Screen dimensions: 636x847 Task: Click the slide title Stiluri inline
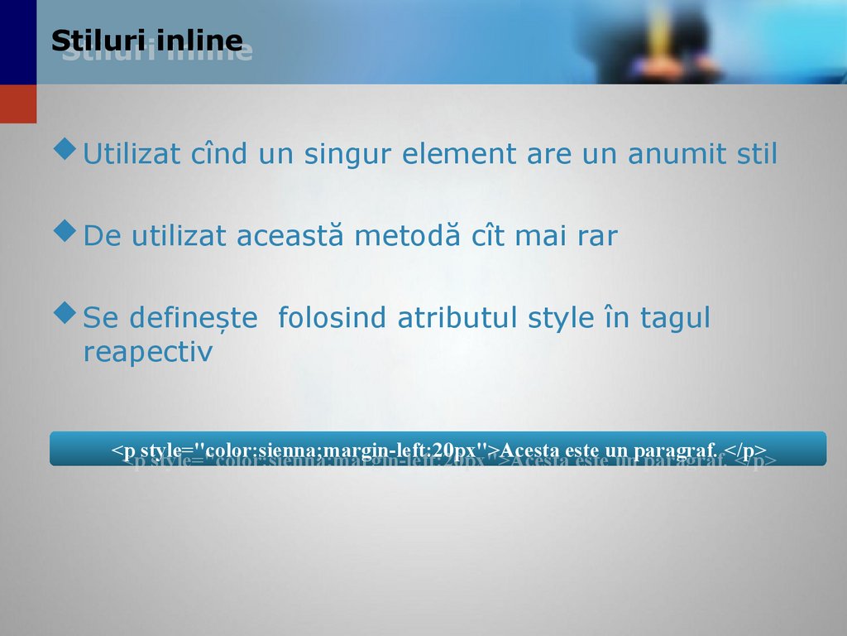[x=146, y=41]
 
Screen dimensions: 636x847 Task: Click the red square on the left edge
[x=18, y=104]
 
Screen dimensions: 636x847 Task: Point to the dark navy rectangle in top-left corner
[x=18, y=41]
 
